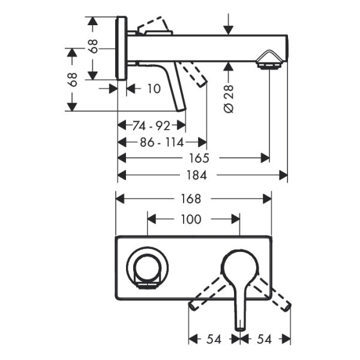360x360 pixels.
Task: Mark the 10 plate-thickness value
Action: [154, 89]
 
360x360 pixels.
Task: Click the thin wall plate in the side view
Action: [121, 48]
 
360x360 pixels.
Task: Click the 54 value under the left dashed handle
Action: [213, 340]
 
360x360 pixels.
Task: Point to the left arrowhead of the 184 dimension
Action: [120, 175]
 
